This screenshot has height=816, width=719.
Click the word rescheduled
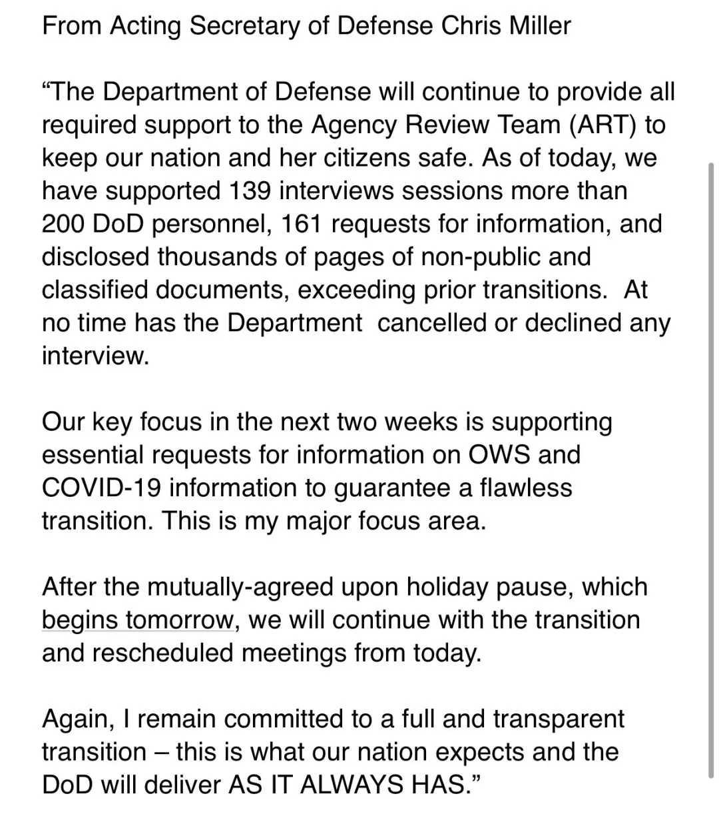[x=163, y=653]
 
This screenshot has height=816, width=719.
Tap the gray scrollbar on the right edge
[x=712, y=466]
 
